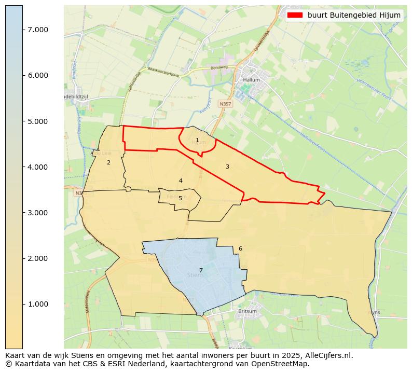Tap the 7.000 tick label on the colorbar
[x=38, y=30]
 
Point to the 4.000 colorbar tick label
[x=38, y=167]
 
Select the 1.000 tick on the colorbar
[x=38, y=304]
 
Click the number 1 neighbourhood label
[x=197, y=141]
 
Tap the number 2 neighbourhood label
[x=108, y=163]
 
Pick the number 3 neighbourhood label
[x=227, y=167]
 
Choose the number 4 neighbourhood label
[x=181, y=181]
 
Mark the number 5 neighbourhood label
[x=180, y=198]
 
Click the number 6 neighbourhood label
[x=240, y=248]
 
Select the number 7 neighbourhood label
[x=201, y=270]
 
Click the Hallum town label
[x=252, y=80]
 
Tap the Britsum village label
[x=247, y=311]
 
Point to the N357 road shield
[x=225, y=104]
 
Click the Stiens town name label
[x=195, y=275]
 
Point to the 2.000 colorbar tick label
[x=38, y=258]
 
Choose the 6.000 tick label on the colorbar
[x=38, y=76]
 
